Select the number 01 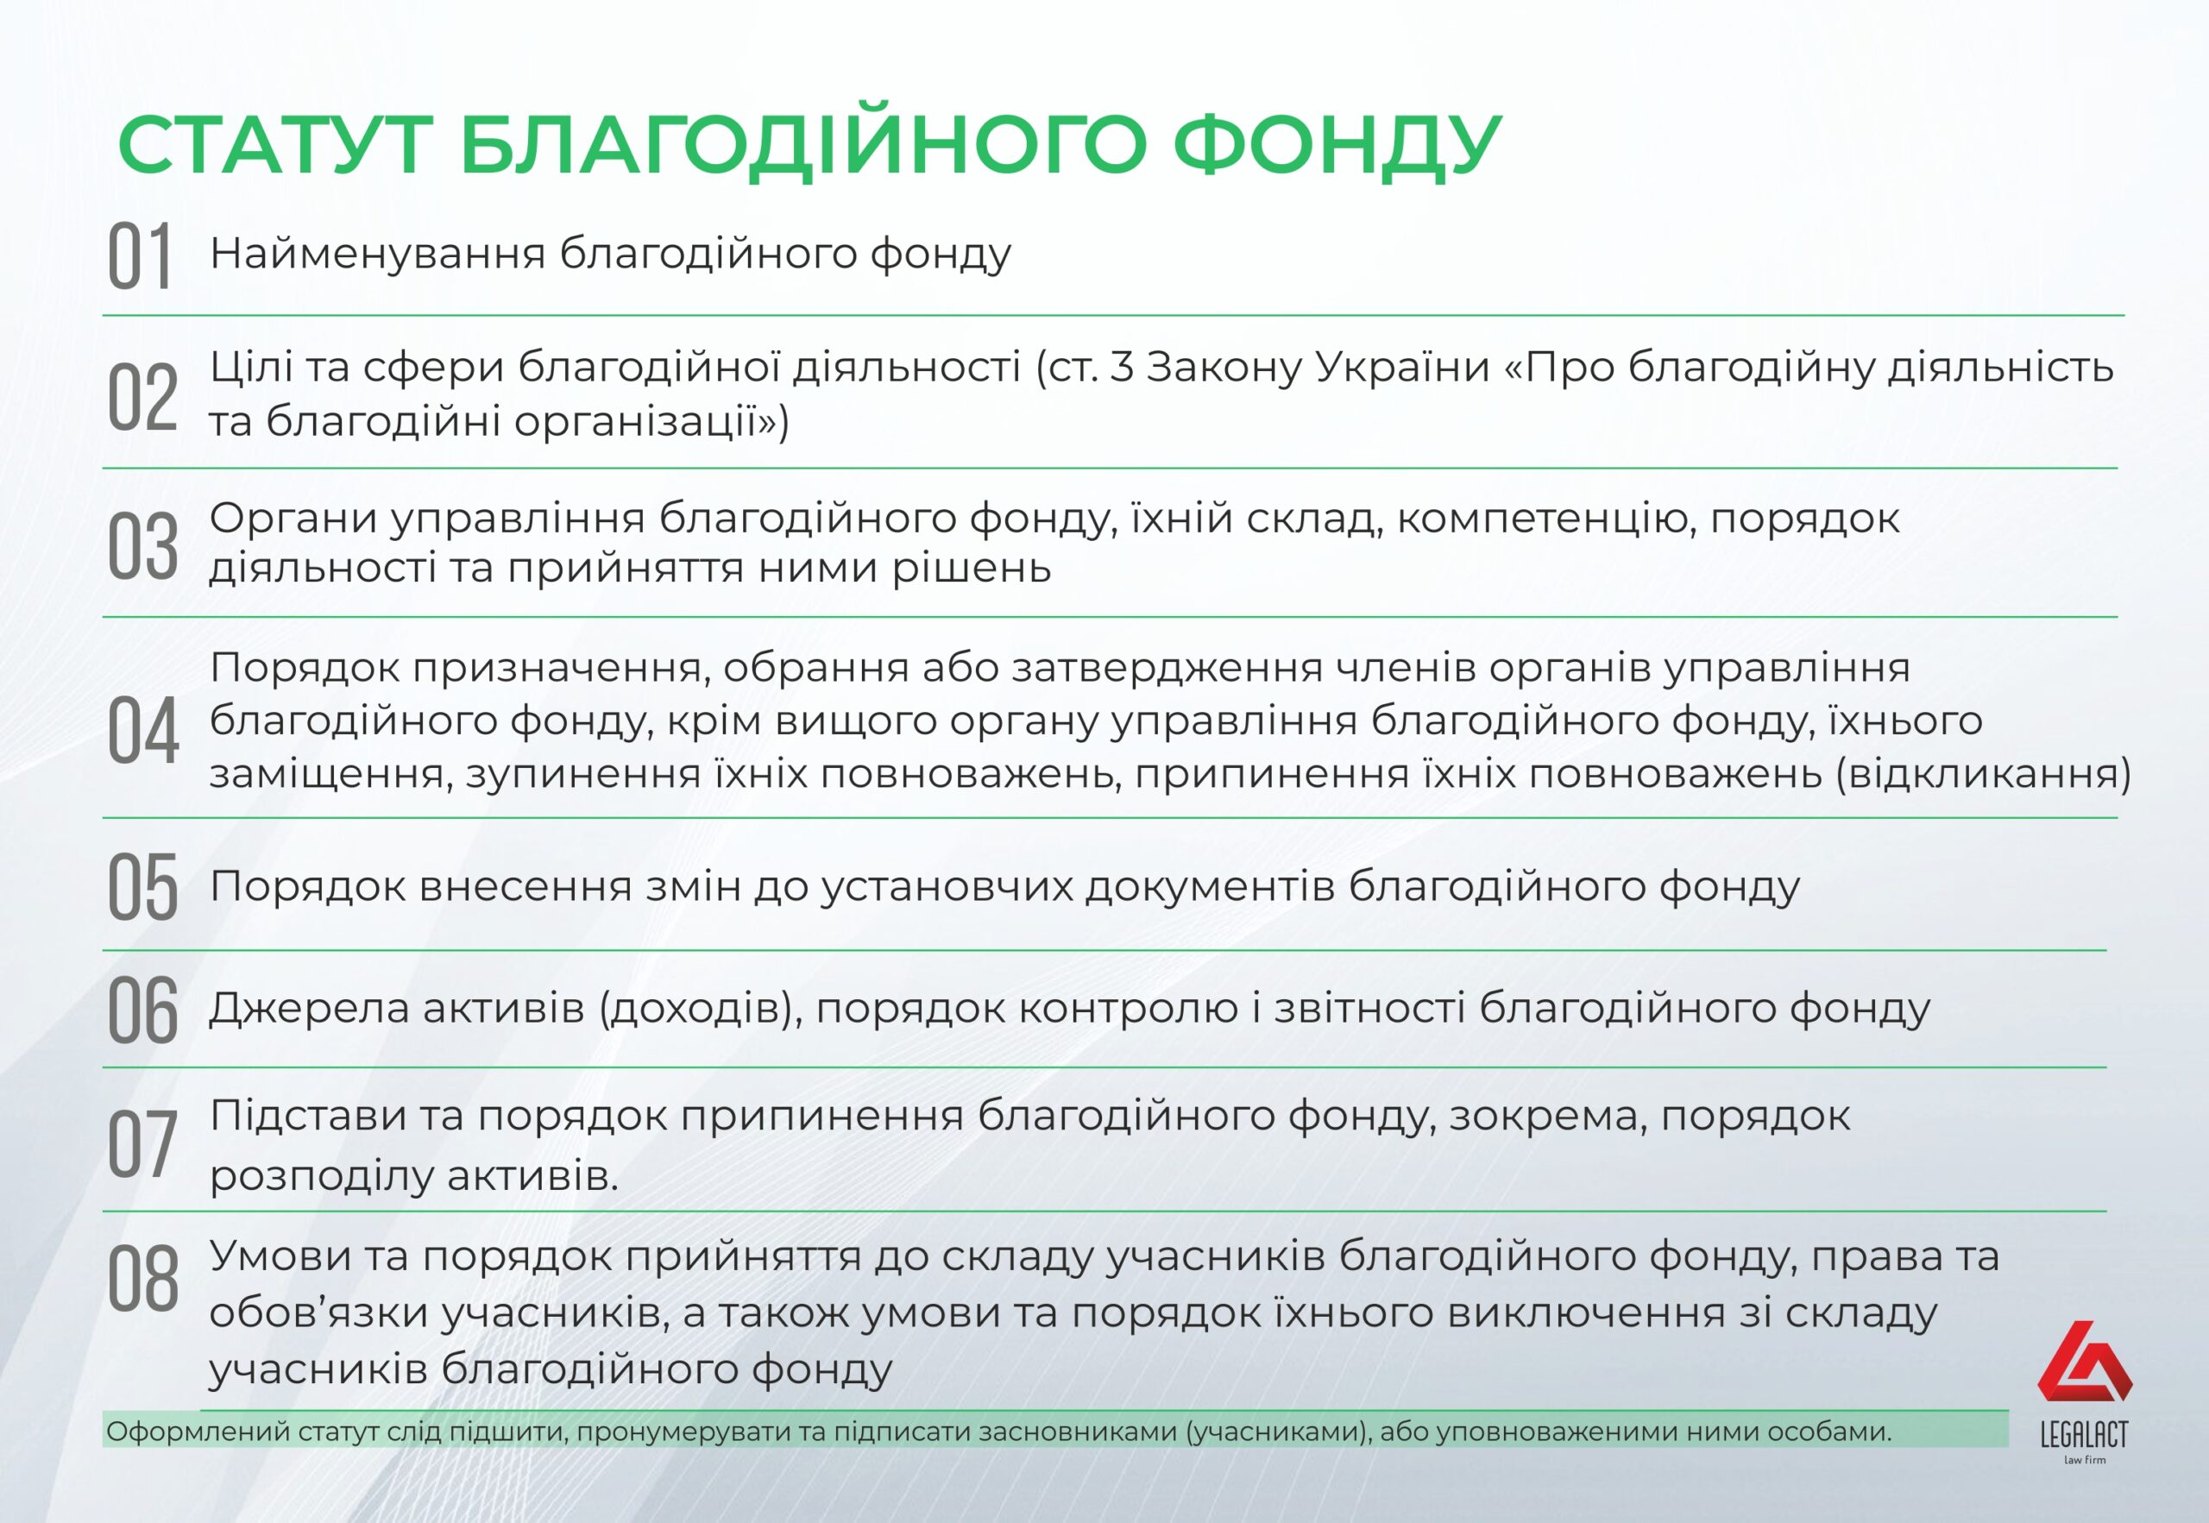139,255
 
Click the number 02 142,397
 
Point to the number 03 142,546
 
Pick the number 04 142,730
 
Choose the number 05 142,886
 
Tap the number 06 142,1009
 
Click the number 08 142,1279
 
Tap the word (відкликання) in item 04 1984,774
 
